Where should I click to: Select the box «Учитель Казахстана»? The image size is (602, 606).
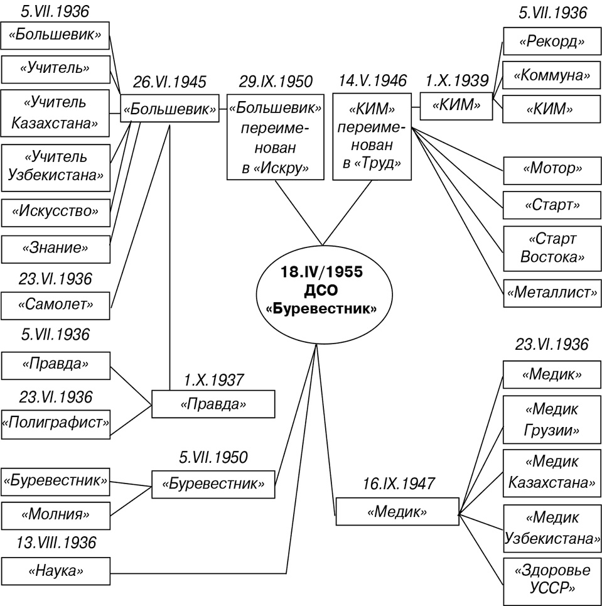[55, 113]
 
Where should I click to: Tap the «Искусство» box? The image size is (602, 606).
[55, 211]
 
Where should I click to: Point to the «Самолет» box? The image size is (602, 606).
[55, 305]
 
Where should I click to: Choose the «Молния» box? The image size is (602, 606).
[55, 514]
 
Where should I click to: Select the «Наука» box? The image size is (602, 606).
[55, 571]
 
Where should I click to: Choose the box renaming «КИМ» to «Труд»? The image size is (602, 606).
[372, 138]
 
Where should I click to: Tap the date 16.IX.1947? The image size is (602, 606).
[397, 483]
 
